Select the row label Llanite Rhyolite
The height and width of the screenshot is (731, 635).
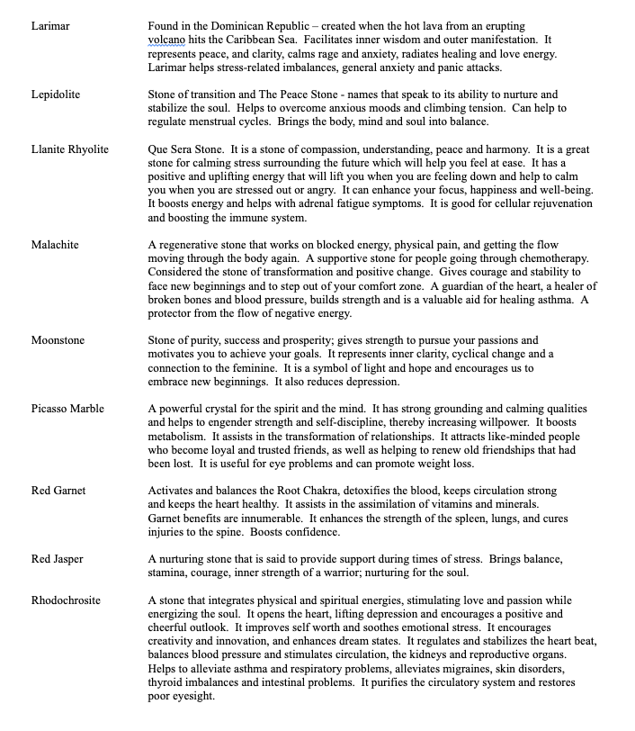[x=69, y=149]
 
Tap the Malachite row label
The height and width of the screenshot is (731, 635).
[x=55, y=245]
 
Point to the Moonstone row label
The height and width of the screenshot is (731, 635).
[x=58, y=340]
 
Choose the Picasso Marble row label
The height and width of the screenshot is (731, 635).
[x=67, y=409]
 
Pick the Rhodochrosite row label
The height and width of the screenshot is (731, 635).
[x=66, y=600]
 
